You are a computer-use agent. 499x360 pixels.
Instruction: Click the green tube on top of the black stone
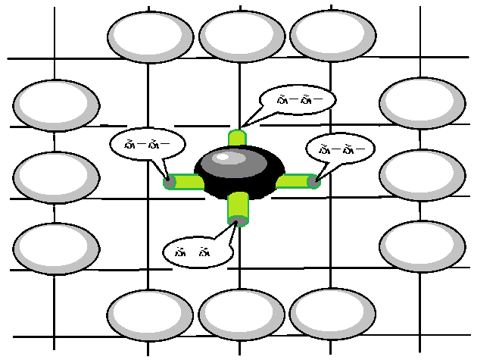pyautogui.click(x=238, y=139)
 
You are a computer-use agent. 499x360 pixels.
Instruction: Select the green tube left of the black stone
pyautogui.click(x=184, y=182)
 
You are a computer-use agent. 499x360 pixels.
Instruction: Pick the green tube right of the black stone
pyautogui.click(x=295, y=181)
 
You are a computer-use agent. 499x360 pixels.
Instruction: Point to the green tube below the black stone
pyautogui.click(x=238, y=208)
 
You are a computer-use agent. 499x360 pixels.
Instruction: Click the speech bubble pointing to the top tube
pyautogui.click(x=297, y=100)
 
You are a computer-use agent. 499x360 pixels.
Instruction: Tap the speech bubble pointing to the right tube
pyautogui.click(x=338, y=148)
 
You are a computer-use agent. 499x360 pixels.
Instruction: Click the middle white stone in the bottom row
pyautogui.click(x=241, y=313)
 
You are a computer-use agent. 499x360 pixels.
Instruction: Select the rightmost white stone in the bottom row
pyautogui.click(x=332, y=313)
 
